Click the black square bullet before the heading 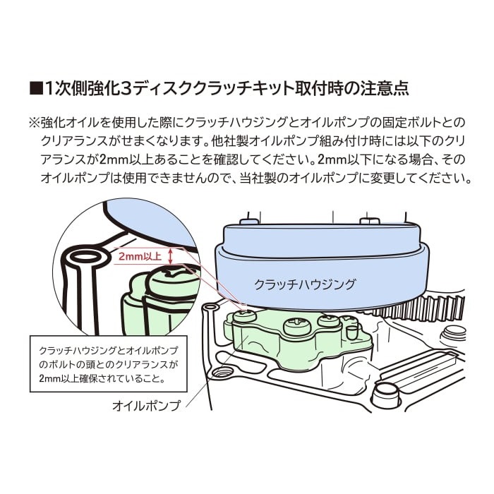[35, 88]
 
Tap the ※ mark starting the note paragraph [34, 122]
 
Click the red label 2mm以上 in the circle [140, 256]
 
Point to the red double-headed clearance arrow [171, 256]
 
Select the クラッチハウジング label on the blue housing [304, 284]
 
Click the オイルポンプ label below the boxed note [146, 406]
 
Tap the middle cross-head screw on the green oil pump [297, 327]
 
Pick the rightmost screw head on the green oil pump [329, 321]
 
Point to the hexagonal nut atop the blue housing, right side [369, 220]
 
